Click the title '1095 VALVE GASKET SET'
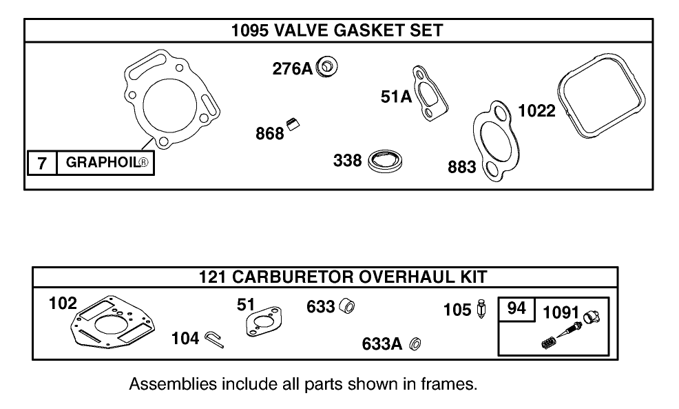[x=337, y=30]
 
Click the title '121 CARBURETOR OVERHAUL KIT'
[x=342, y=277]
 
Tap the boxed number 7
[x=42, y=163]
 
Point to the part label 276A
[x=292, y=68]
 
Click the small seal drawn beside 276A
[x=328, y=68]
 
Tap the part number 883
[x=461, y=167]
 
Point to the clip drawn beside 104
[x=214, y=339]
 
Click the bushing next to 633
[x=348, y=306]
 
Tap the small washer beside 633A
[x=415, y=343]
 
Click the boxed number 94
[x=516, y=308]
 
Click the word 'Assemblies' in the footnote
[x=172, y=384]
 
